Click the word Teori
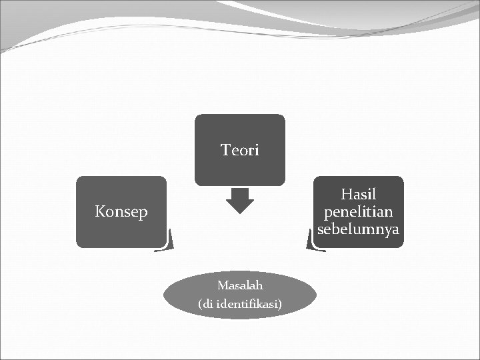click(240, 151)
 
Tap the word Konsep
click(121, 213)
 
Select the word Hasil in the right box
click(359, 195)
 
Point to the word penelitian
click(359, 212)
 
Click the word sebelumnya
click(359, 229)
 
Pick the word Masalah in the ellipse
click(240, 285)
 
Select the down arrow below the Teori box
click(240, 200)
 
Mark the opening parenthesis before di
click(200, 305)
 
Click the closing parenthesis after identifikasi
click(280, 305)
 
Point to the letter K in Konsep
click(100, 212)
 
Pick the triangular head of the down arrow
click(240, 206)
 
